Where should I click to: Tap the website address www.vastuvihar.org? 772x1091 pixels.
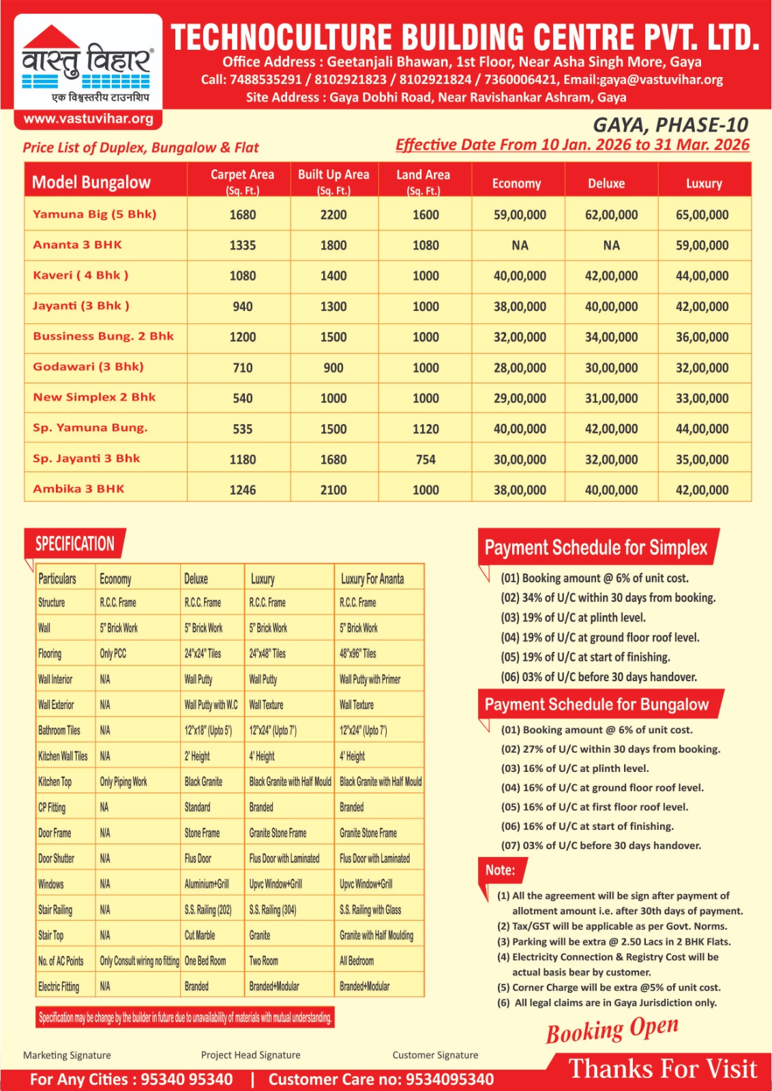pyautogui.click(x=89, y=119)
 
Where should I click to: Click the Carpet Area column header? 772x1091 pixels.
pyautogui.click(x=242, y=181)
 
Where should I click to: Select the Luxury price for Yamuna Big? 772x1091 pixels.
pyautogui.click(x=702, y=215)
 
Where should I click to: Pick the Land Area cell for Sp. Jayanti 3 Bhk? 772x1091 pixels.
pyautogui.click(x=426, y=460)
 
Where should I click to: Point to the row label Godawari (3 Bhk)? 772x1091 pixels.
pyautogui.click(x=88, y=367)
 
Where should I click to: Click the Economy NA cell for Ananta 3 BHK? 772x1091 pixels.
pyautogui.click(x=520, y=245)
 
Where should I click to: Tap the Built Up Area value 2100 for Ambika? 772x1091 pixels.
pyautogui.click(x=333, y=490)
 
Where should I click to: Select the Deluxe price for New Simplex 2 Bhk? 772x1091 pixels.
pyautogui.click(x=611, y=398)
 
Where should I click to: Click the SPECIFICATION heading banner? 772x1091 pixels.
pyautogui.click(x=75, y=544)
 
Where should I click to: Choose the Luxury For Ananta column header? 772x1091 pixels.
pyautogui.click(x=372, y=579)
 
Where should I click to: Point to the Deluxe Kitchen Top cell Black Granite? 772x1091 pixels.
pyautogui.click(x=203, y=782)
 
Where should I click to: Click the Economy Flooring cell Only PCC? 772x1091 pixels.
pyautogui.click(x=113, y=654)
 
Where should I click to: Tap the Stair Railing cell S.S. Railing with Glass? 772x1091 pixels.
pyautogui.click(x=370, y=910)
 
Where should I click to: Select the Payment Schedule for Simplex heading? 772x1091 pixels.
pyautogui.click(x=596, y=548)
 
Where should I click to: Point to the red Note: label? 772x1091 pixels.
pyautogui.click(x=501, y=870)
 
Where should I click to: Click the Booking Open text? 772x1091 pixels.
pyautogui.click(x=612, y=1030)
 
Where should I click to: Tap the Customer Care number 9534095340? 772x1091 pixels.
pyautogui.click(x=449, y=1079)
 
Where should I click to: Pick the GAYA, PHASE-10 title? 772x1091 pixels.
pyautogui.click(x=670, y=125)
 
